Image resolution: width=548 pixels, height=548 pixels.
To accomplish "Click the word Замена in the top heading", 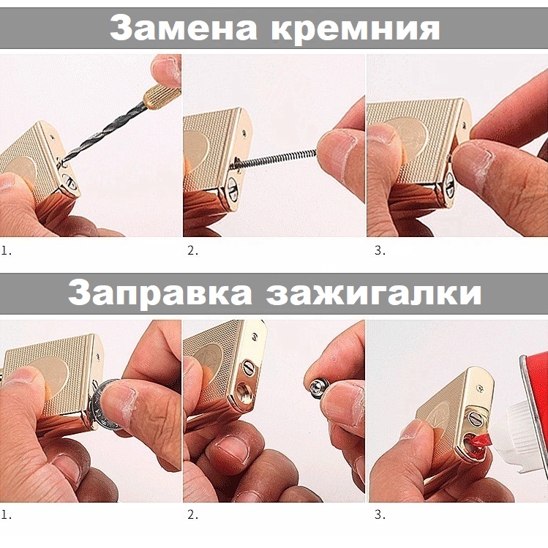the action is click(x=184, y=28).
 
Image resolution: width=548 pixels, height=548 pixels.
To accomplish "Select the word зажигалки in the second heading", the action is click(x=373, y=293).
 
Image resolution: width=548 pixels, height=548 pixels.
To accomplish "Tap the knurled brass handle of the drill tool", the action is click(x=162, y=97).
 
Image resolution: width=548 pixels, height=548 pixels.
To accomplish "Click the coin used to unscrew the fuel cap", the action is click(x=105, y=405).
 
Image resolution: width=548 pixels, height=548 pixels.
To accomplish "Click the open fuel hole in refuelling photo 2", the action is click(x=242, y=391).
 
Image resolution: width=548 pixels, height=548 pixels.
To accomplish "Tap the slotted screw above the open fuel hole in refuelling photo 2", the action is click(x=248, y=368).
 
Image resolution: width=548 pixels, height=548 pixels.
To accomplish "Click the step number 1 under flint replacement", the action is click(x=6, y=250).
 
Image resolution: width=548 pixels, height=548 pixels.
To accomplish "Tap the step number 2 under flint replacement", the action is click(x=192, y=250).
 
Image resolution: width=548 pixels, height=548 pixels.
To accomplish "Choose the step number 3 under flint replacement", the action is click(x=380, y=250).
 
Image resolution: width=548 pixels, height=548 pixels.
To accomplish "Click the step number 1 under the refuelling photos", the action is click(x=6, y=514).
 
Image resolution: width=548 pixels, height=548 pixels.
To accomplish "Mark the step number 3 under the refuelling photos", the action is click(x=380, y=514).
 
